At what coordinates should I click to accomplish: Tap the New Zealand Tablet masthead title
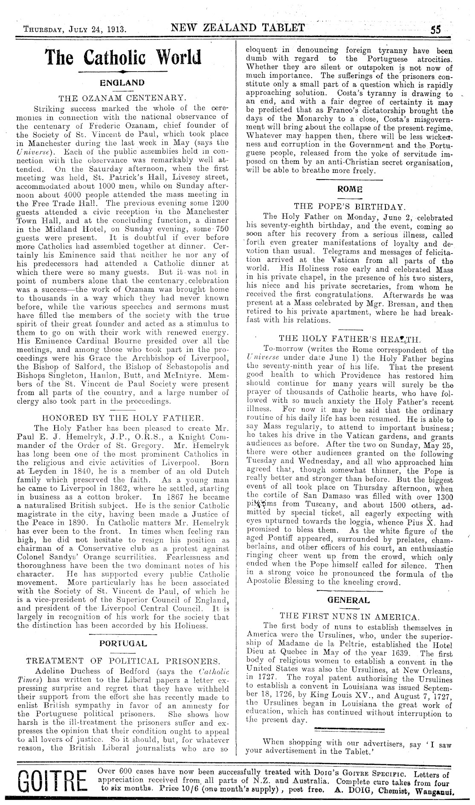pyautogui.click(x=238, y=28)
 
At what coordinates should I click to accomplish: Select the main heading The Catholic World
pyautogui.click(x=123, y=57)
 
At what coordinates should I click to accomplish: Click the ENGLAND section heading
pyautogui.click(x=122, y=82)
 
